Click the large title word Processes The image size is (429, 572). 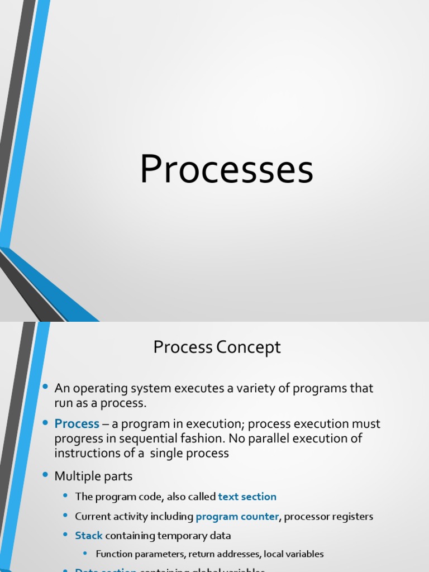[226, 170]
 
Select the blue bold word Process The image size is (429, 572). [77, 424]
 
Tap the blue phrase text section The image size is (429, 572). [247, 497]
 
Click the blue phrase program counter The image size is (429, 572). [237, 517]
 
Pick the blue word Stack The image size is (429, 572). [89, 536]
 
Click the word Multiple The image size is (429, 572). [77, 476]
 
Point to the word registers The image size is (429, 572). [352, 517]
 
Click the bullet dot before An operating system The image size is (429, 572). [45, 387]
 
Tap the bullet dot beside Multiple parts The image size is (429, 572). [45, 475]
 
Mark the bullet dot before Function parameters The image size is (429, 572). [85, 554]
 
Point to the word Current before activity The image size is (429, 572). [92, 517]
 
